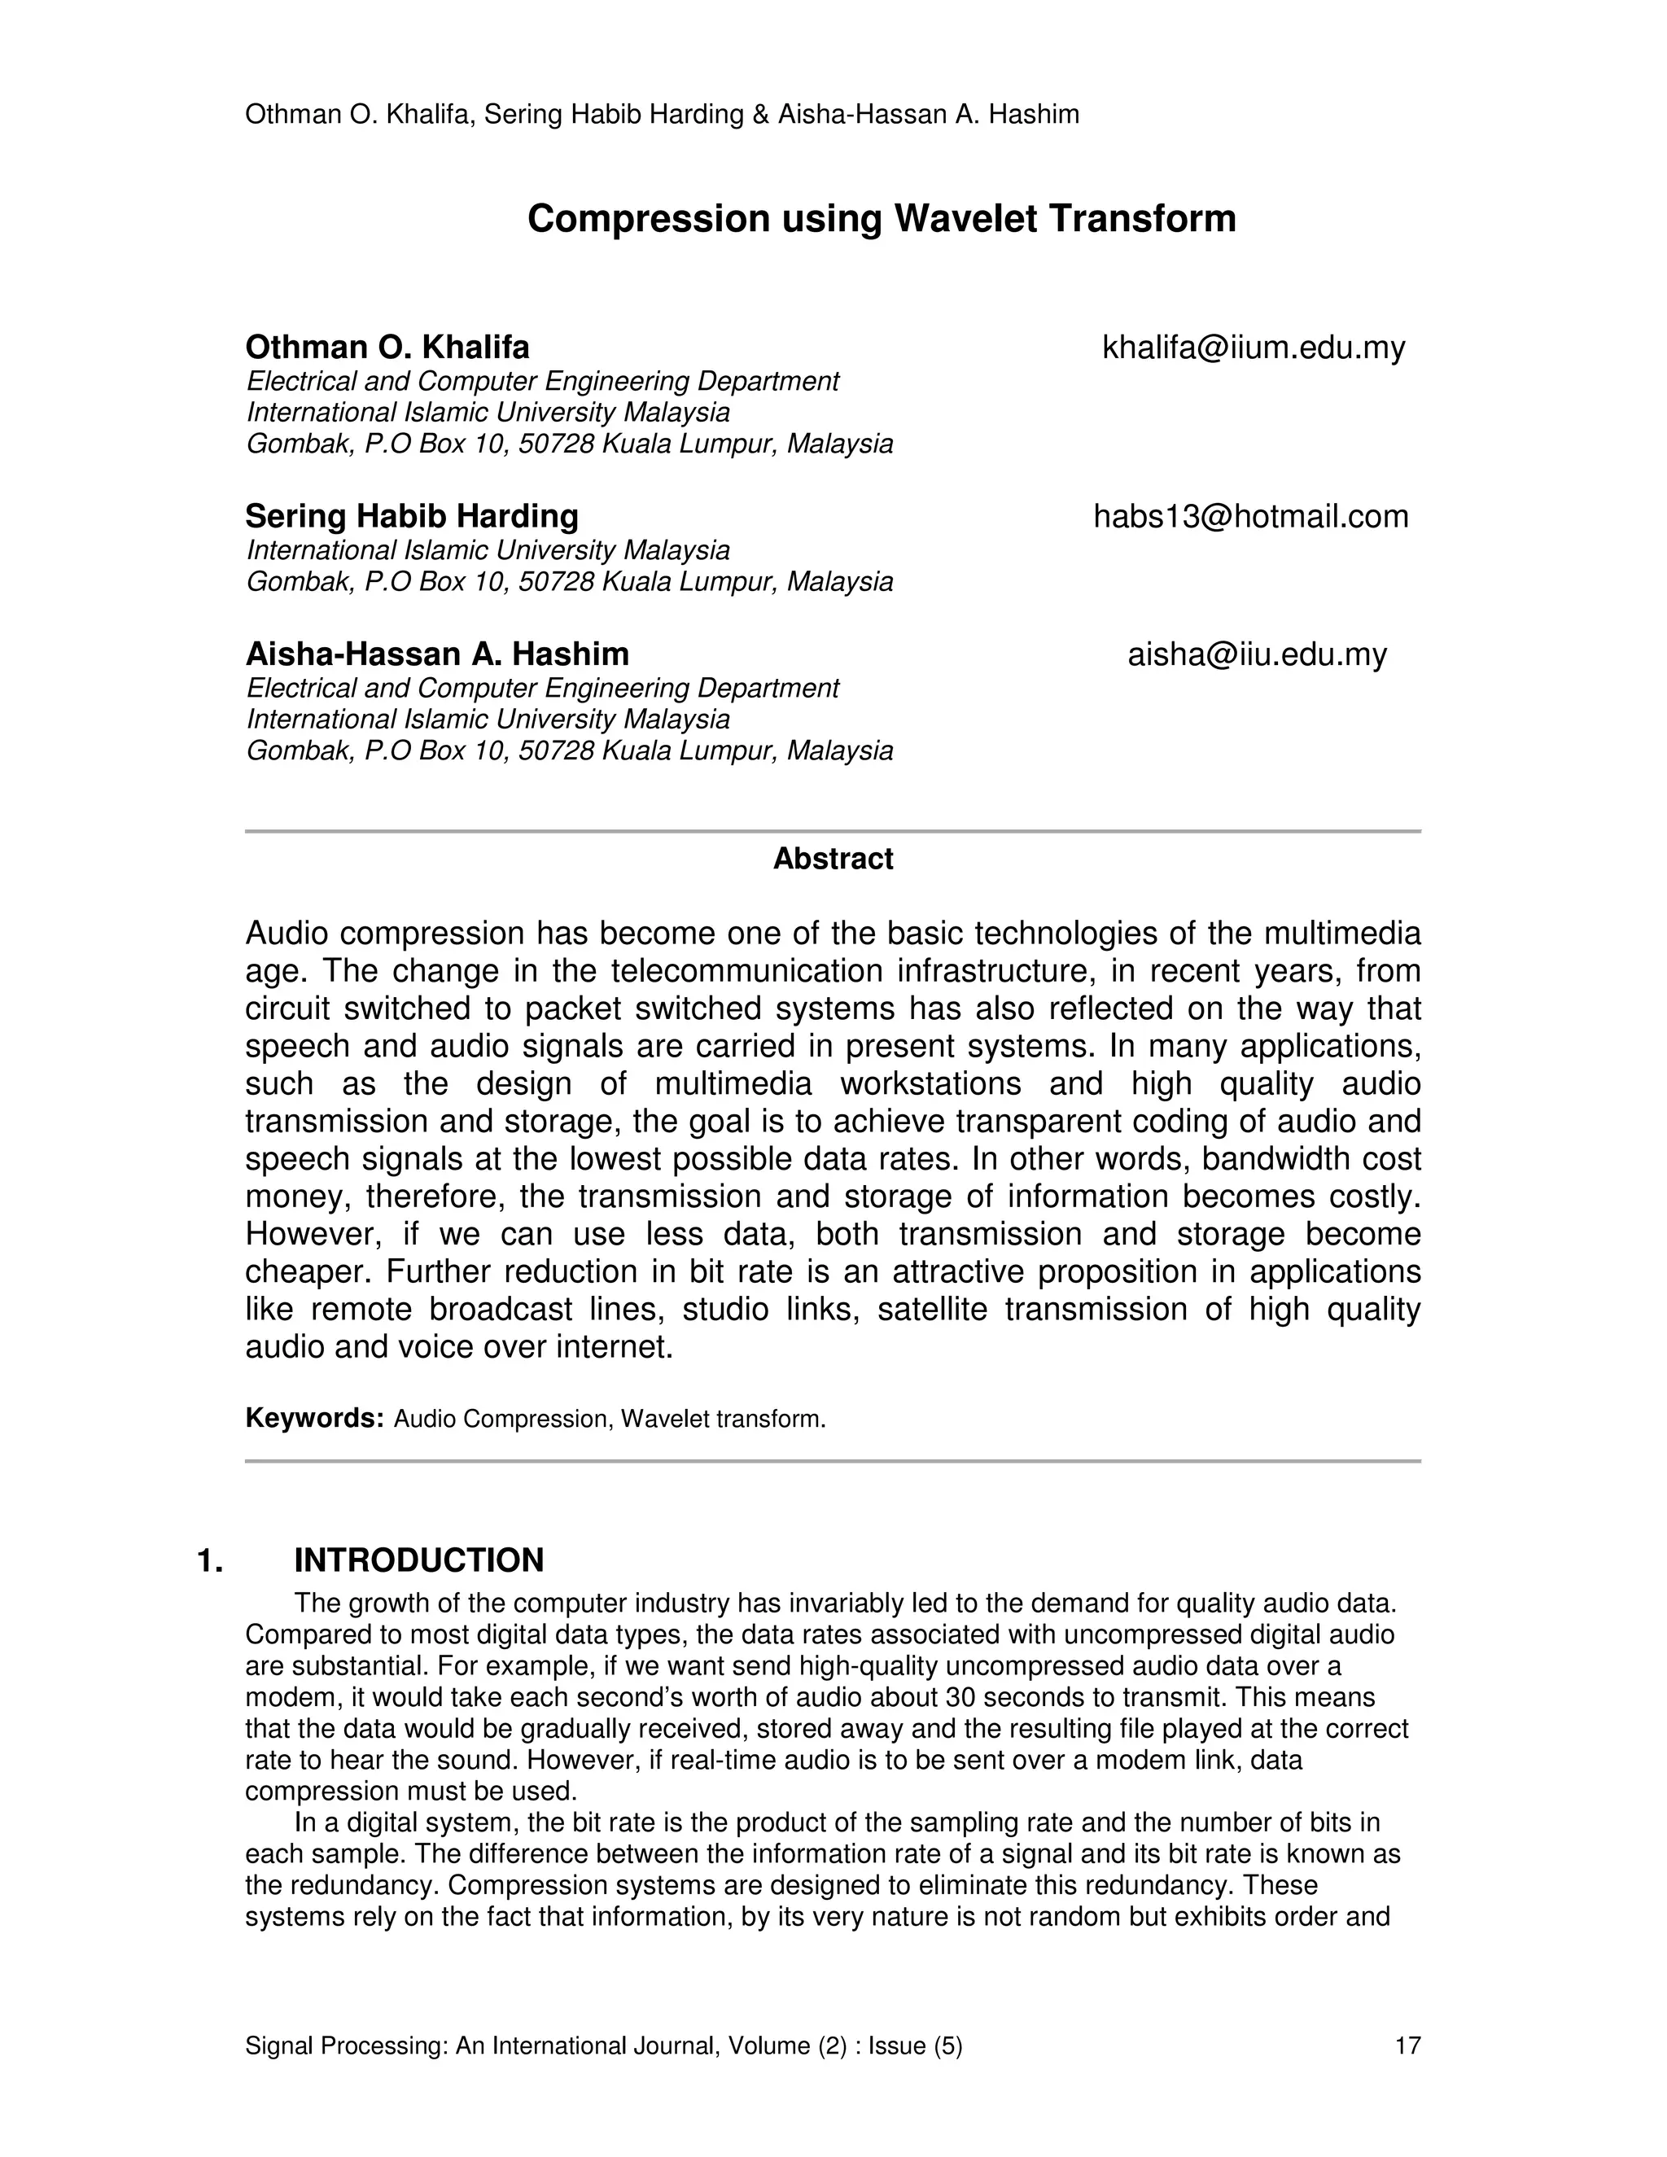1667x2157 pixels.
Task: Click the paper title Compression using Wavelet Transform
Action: pyautogui.click(x=881, y=218)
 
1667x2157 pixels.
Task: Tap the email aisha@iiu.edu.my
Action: pyautogui.click(x=1257, y=654)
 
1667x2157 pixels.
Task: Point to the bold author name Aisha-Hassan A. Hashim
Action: pyautogui.click(x=436, y=654)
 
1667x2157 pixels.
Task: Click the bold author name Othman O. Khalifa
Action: pyautogui.click(x=387, y=348)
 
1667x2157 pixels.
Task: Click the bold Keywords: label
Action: pyautogui.click(x=314, y=1418)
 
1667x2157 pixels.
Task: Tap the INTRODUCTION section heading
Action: pyautogui.click(x=418, y=1560)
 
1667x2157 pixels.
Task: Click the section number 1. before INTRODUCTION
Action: pyautogui.click(x=210, y=1560)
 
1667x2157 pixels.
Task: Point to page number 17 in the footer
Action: pyautogui.click(x=1407, y=2045)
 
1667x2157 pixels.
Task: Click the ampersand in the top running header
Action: pyautogui.click(x=760, y=116)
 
